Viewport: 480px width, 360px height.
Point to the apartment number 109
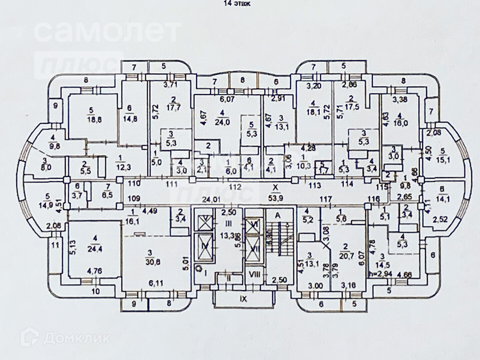(x=134, y=198)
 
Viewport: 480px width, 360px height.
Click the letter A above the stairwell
(x=277, y=216)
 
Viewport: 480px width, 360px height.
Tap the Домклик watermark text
(x=77, y=339)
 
